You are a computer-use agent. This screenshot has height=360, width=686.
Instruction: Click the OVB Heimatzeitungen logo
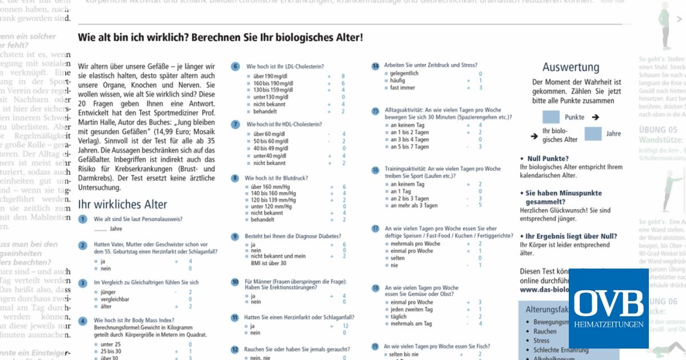tap(608, 308)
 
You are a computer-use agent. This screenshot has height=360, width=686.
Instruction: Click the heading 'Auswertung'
tap(571, 67)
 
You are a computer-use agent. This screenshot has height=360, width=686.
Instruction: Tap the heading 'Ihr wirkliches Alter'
tap(122, 204)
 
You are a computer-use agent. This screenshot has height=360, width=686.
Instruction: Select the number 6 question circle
tap(235, 66)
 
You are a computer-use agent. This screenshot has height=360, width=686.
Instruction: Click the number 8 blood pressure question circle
tap(235, 178)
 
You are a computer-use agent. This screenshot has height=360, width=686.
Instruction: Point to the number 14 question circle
tap(375, 66)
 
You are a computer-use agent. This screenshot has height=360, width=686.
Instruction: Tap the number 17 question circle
tap(375, 229)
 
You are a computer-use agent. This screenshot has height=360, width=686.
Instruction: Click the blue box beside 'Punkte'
tap(551, 117)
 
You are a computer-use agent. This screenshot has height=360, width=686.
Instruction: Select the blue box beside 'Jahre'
tap(593, 134)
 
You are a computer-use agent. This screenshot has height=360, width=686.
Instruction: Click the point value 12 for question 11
tap(345, 326)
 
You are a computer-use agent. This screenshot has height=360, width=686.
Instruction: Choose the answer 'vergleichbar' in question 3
tap(114, 299)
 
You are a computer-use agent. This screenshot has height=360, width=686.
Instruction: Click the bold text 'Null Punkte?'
tap(547, 158)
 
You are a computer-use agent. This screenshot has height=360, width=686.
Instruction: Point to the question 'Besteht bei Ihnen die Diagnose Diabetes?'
tap(293, 236)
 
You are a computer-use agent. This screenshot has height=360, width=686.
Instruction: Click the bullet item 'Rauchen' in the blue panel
tap(544, 331)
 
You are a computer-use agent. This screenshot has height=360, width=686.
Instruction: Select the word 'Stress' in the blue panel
tap(541, 341)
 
